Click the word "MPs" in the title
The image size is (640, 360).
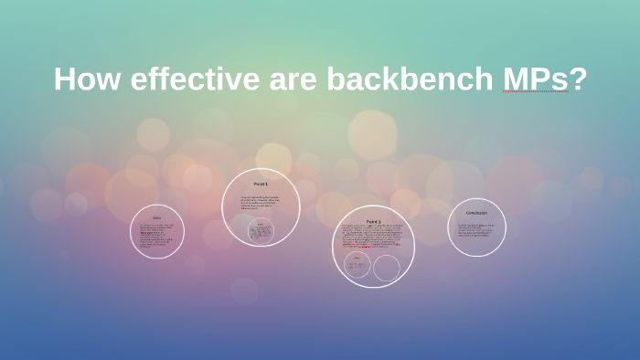[535, 79]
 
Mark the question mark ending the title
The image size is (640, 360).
[578, 79]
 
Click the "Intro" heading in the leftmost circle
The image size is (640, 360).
[157, 217]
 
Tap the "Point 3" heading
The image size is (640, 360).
[374, 222]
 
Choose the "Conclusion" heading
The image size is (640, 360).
[476, 213]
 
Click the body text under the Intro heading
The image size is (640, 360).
[156, 234]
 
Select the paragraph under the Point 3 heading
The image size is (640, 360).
[373, 237]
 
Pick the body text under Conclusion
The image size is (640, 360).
[476, 230]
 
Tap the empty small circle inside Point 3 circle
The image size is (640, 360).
[387, 268]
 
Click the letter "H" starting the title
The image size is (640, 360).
[63, 79]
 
